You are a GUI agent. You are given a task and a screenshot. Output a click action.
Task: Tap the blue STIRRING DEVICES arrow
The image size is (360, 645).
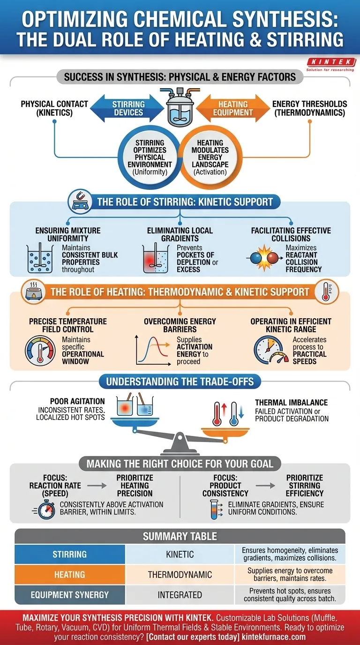click(127, 108)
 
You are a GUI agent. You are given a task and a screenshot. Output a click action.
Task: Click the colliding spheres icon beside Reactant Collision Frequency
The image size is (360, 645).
click(264, 258)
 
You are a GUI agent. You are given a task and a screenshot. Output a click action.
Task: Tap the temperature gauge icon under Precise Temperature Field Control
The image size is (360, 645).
click(40, 351)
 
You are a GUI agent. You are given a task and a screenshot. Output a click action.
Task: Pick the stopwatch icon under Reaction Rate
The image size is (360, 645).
click(46, 510)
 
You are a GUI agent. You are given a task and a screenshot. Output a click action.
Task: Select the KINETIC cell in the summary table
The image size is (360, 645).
click(180, 554)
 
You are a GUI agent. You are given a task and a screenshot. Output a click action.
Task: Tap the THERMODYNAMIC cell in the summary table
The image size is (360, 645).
click(180, 575)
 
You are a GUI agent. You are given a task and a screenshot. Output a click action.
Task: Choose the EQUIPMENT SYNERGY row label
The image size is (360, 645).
click(70, 595)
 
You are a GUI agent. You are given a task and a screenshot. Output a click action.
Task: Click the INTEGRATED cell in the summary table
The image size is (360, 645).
click(180, 595)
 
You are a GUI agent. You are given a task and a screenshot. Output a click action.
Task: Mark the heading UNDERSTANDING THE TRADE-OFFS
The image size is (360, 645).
click(180, 382)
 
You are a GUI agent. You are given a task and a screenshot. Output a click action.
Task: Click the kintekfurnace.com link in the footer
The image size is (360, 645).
click(274, 637)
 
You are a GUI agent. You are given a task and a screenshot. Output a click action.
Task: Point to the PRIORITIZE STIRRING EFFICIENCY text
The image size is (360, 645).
click(305, 486)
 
